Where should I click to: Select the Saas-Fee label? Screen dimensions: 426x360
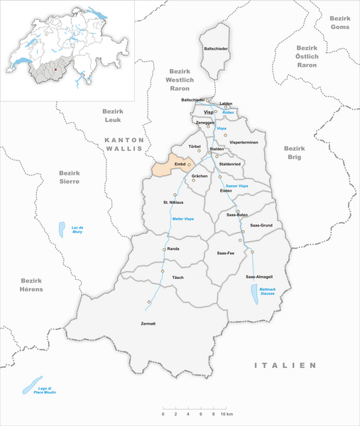(x=226, y=252)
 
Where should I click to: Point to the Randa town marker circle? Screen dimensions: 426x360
(x=165, y=249)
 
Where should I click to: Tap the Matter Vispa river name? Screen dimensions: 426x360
(x=182, y=219)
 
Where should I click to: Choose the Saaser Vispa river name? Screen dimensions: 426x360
(x=236, y=185)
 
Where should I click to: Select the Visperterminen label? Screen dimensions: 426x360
(x=243, y=142)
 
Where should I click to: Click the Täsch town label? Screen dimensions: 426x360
(x=178, y=277)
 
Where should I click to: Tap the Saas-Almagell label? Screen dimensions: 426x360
(x=259, y=276)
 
